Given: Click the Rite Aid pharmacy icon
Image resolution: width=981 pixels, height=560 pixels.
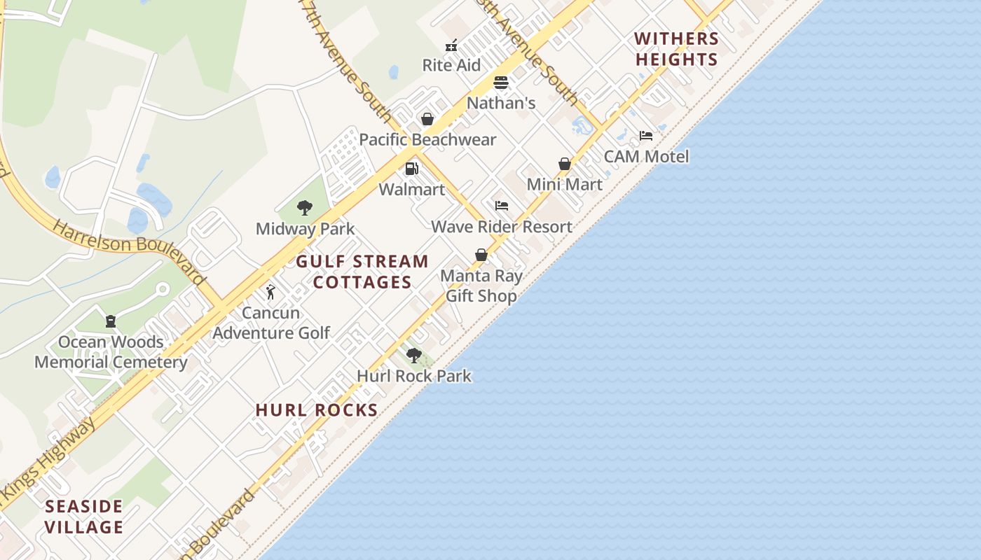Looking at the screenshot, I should click(451, 46).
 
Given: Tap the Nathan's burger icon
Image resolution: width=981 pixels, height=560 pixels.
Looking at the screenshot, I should click(500, 83).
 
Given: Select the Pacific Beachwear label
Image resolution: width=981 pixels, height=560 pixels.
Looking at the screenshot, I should click(427, 140).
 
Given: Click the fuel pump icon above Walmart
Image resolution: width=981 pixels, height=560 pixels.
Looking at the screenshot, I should click(412, 169).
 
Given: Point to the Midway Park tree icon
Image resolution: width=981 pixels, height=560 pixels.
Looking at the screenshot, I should click(304, 208).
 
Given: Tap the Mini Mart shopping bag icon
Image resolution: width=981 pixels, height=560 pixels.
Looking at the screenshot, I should click(565, 164).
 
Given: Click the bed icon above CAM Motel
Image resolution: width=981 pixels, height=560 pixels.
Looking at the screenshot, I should click(646, 136).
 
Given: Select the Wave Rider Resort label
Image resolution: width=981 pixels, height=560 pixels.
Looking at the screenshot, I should click(502, 227).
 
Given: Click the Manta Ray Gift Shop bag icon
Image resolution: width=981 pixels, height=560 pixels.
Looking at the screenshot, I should click(481, 255).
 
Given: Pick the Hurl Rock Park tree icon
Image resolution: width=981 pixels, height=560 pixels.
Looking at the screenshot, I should click(414, 356).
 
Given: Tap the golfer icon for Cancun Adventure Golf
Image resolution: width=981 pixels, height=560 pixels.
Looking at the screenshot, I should click(270, 292).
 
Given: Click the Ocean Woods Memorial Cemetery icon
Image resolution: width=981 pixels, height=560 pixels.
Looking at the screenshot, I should click(111, 321).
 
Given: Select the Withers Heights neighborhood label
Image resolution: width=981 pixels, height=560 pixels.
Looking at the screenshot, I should click(677, 49).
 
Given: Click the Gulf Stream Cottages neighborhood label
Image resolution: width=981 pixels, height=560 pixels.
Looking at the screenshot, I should click(362, 272).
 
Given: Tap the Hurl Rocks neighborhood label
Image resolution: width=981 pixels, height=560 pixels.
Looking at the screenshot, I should click(317, 410).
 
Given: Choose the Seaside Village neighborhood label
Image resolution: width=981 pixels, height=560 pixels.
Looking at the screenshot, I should click(84, 517).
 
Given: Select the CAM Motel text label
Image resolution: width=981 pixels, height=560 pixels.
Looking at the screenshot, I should click(646, 157).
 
